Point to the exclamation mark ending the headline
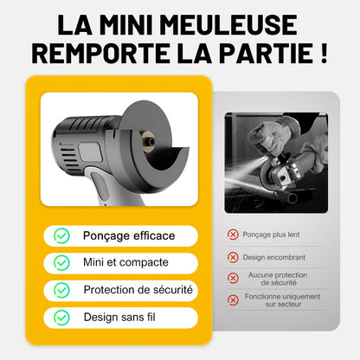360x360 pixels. tap(322, 54)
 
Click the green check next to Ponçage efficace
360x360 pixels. tap(62, 235)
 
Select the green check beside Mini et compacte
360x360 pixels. tap(62, 262)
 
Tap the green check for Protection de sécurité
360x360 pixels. tap(62, 290)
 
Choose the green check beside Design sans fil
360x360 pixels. tap(62, 318)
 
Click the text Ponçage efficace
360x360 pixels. tap(129, 235)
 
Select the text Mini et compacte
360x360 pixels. tap(125, 262)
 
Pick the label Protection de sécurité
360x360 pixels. tap(138, 289)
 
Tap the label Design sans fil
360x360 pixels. tap(119, 318)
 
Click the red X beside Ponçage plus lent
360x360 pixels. tap(233, 235)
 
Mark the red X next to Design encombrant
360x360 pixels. tap(233, 257)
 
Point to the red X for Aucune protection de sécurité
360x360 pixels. tap(233, 278)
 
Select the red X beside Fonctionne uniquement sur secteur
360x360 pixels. tap(233, 299)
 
